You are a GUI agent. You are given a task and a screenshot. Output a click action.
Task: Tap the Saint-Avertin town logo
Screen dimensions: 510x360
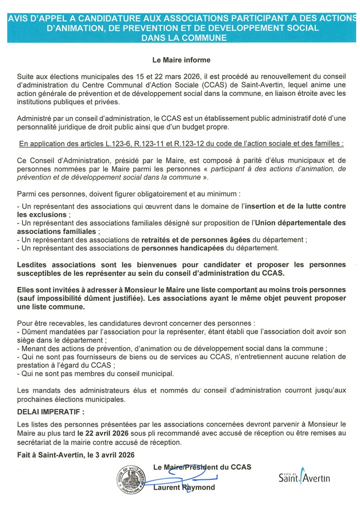pyautogui.click(x=304, y=476)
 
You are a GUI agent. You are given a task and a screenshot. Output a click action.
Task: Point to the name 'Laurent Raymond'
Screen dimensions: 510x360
pyautogui.click(x=184, y=488)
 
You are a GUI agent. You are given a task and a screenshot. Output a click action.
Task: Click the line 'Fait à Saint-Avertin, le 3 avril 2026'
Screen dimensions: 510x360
pyautogui.click(x=76, y=454)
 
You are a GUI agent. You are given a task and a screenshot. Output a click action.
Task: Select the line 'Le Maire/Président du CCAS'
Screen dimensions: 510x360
pyautogui.click(x=202, y=467)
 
